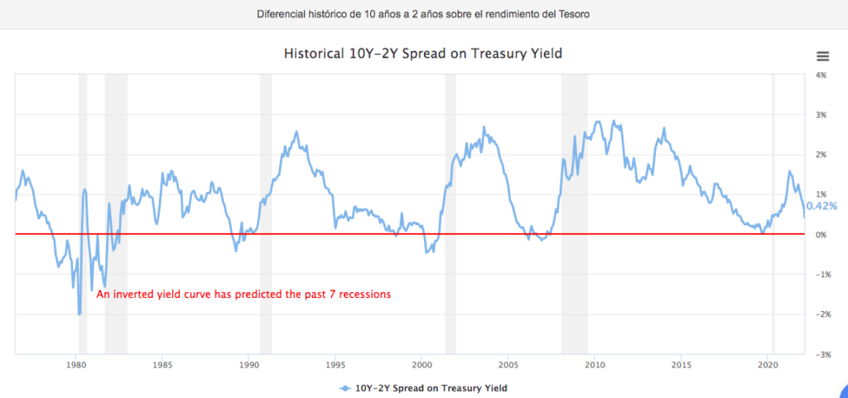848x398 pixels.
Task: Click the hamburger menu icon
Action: [x=822, y=56]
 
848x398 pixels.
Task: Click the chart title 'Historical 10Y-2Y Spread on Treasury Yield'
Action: [x=423, y=54]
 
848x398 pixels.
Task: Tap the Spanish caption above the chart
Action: [x=423, y=14]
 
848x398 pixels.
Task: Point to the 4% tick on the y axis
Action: [x=821, y=75]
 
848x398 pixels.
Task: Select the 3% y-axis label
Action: [x=821, y=115]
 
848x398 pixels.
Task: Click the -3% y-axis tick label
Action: [x=821, y=355]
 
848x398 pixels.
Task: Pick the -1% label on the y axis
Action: [x=821, y=275]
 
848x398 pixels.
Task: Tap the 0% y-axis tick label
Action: [x=821, y=235]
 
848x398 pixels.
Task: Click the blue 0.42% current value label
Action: [x=821, y=206]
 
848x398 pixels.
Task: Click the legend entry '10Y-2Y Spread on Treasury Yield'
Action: [x=430, y=387]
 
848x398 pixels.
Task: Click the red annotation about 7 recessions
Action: [x=243, y=294]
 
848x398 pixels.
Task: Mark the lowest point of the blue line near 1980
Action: [x=79, y=314]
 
